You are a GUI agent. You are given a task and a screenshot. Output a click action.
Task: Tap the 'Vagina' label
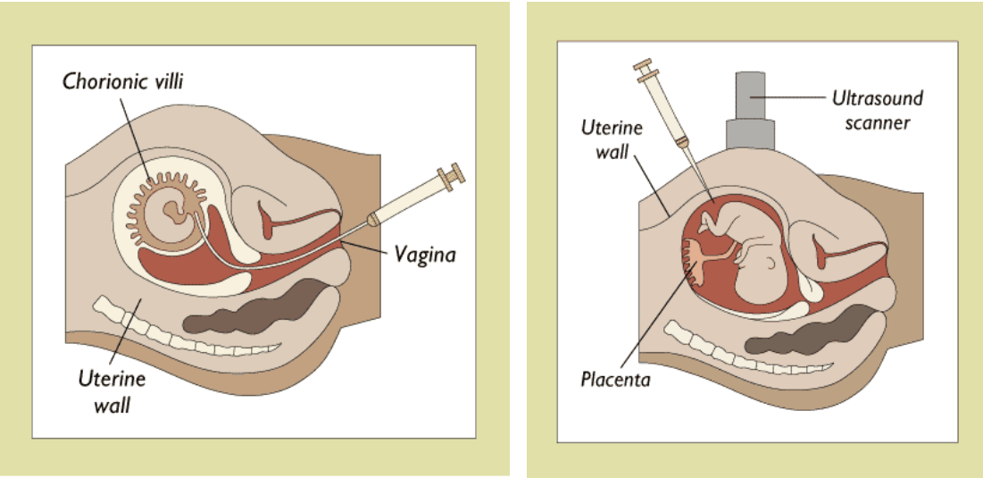click(425, 255)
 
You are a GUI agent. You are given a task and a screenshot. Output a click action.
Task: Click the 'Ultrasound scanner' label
click(877, 109)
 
